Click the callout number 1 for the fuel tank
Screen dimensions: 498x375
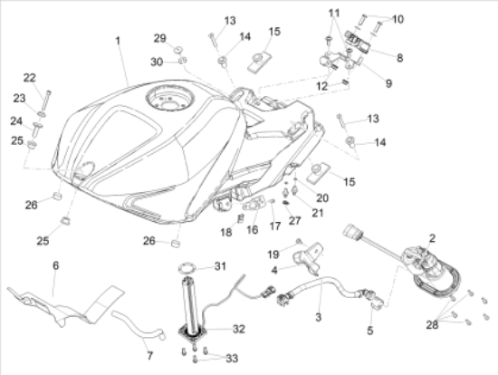(118, 41)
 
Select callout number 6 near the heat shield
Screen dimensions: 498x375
(55, 265)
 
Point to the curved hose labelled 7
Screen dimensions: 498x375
(139, 326)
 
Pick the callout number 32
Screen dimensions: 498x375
(239, 329)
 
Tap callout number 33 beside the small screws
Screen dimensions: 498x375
(232, 358)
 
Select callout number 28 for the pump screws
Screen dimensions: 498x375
(432, 324)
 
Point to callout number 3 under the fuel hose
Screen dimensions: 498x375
(318, 317)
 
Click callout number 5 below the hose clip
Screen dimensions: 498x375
(370, 331)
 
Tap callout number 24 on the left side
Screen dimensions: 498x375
(16, 121)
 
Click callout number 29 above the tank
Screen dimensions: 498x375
(160, 38)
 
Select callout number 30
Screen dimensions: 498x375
(157, 62)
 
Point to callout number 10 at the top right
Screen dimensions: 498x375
(397, 19)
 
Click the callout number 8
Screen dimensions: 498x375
(399, 58)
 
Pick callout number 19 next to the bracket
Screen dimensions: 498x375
(273, 255)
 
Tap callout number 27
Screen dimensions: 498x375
(295, 220)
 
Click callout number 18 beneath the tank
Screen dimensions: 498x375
(226, 232)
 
